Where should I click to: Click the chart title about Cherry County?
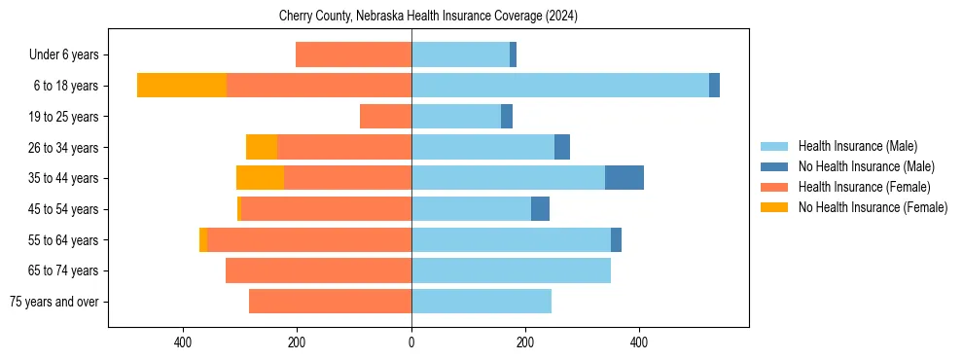coord(429,16)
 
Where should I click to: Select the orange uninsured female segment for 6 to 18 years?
coord(182,86)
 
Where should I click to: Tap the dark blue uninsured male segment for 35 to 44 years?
coord(624,178)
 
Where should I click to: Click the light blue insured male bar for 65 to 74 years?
coord(511,270)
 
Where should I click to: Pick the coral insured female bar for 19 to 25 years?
coord(385,117)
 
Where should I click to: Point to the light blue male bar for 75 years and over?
coord(481,302)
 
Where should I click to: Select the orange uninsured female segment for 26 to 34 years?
coord(262,147)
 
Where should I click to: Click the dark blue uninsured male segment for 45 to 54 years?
coord(540,209)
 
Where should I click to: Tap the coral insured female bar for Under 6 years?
coord(353,55)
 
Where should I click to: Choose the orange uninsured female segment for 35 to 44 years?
coord(260,178)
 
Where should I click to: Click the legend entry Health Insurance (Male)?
coord(857,146)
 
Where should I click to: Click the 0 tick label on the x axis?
coord(411,342)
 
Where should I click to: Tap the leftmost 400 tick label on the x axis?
coord(183,342)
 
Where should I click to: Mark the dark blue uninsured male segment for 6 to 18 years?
coord(714,86)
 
